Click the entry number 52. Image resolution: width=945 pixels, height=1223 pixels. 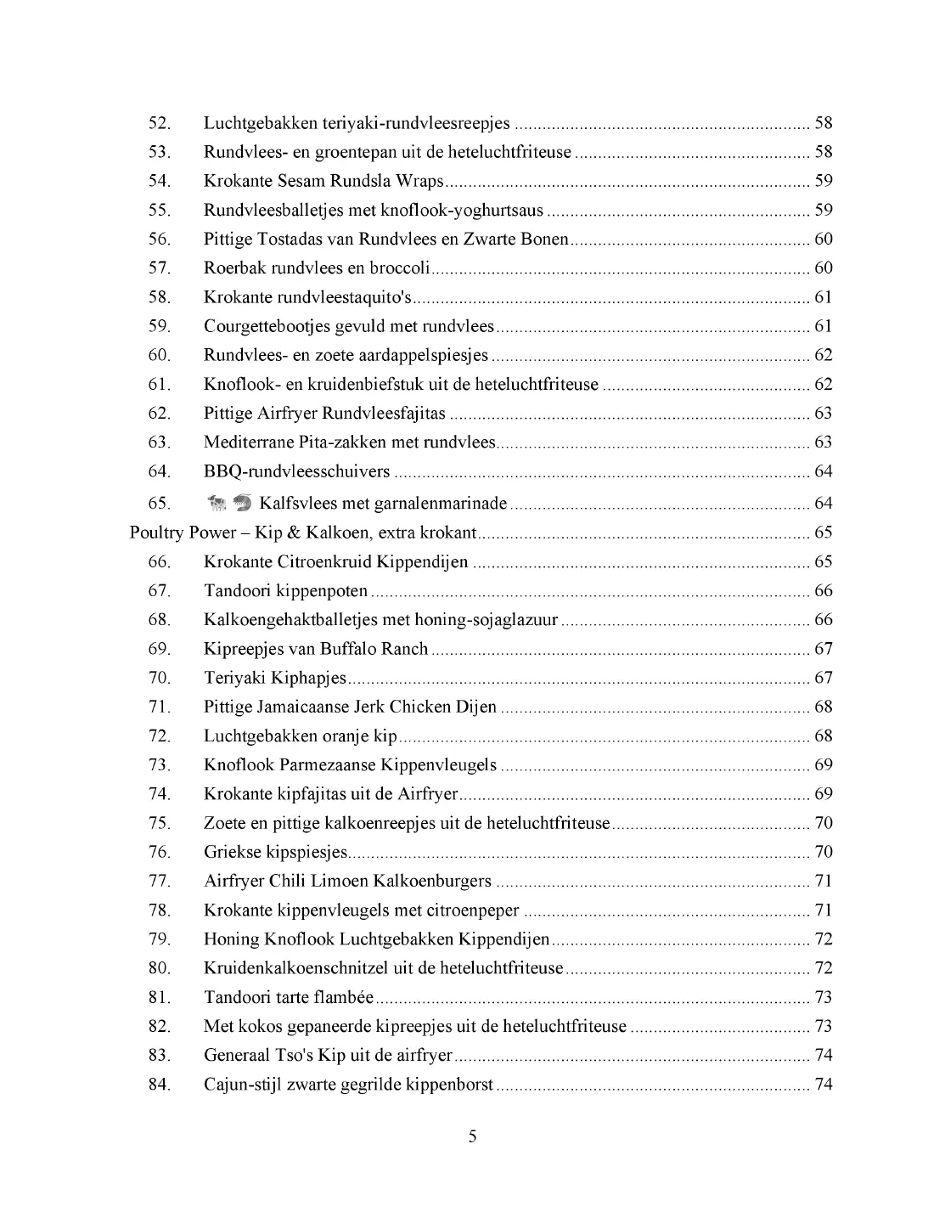(160, 123)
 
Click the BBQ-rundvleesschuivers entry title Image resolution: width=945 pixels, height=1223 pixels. (296, 471)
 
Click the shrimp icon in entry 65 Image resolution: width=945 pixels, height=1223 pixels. (242, 504)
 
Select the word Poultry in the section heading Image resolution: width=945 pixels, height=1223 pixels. (156, 533)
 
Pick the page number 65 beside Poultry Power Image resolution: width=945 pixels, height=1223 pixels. (823, 533)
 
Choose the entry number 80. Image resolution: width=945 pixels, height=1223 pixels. (160, 968)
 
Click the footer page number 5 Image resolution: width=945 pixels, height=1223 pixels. (473, 1137)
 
